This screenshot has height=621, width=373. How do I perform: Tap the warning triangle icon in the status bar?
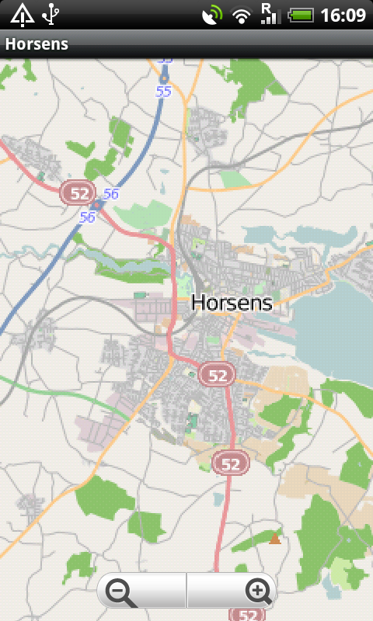click(x=22, y=14)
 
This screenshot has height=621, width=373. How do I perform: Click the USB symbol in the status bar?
click(x=51, y=14)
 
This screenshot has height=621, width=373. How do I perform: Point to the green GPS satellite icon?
click(x=211, y=15)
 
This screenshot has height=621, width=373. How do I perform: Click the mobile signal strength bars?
click(x=270, y=17)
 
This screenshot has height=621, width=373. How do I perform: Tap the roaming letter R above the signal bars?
click(x=266, y=7)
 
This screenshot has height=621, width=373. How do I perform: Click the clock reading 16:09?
click(x=343, y=15)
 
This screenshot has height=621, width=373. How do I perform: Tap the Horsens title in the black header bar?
click(x=37, y=44)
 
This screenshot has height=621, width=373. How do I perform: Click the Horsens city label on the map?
click(x=232, y=303)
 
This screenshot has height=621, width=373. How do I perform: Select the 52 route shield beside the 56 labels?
click(x=78, y=193)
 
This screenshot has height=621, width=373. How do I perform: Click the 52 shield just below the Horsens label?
click(x=217, y=375)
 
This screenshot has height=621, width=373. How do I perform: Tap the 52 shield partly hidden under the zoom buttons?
click(x=247, y=614)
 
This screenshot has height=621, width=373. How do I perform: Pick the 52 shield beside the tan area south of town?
click(x=231, y=463)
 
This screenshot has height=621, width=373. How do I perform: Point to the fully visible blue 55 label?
click(x=163, y=91)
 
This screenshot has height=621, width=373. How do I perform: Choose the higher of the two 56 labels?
click(x=110, y=193)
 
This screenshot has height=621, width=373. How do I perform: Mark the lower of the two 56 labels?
click(x=87, y=217)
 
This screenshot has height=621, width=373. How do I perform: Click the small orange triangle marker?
click(x=274, y=538)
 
